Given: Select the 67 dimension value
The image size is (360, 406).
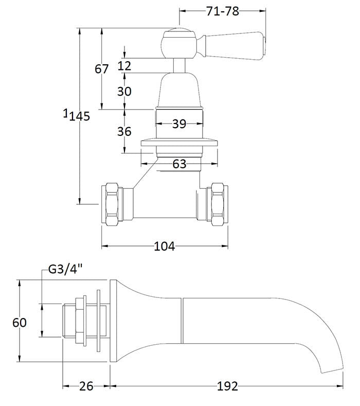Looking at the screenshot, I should (x=102, y=68).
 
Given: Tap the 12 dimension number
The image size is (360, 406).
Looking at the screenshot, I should (x=124, y=65).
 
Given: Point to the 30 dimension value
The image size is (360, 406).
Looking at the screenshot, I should (x=124, y=91).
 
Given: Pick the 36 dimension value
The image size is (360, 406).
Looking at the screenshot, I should (x=124, y=131).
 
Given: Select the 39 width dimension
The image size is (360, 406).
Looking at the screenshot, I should (x=179, y=123).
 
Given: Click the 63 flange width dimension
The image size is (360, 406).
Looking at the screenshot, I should (x=179, y=164).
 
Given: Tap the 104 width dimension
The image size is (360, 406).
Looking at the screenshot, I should (x=165, y=246).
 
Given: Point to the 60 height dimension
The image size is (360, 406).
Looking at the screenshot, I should (x=19, y=323).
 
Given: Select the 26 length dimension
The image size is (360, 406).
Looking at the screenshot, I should (x=86, y=386).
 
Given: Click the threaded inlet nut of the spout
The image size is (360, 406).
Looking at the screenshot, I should (x=80, y=320).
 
